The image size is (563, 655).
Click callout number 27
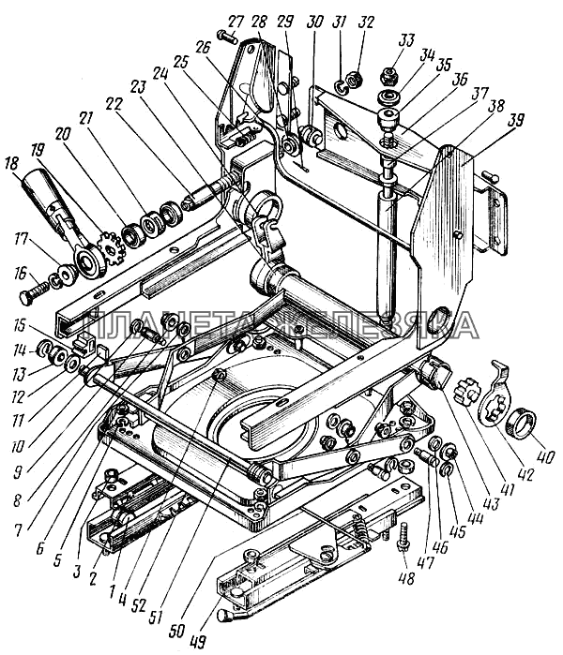pyautogui.click(x=234, y=20)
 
